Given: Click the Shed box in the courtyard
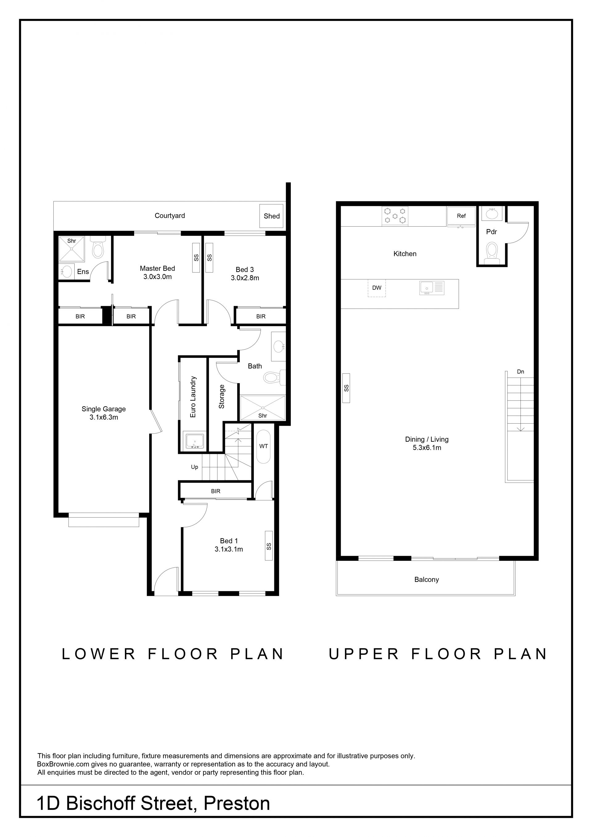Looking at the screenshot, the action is point(271,216).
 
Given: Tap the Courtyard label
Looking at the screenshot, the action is point(170,215).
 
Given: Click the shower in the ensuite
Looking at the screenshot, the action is point(72,249).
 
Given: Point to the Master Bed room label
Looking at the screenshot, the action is point(158,268).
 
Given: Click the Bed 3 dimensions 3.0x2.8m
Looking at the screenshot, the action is point(245,278).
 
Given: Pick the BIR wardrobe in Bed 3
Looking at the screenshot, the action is point(260,316).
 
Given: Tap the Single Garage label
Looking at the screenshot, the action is point(104,409).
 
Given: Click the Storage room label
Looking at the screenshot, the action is point(222,397).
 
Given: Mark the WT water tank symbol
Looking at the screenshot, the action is point(264,447).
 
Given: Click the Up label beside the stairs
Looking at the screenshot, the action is point(195,467).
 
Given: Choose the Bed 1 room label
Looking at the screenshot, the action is point(229,541).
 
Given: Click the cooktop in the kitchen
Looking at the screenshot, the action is point(395,216).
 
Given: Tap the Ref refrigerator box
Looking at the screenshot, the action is point(462,216).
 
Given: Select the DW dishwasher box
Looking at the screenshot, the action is point(376,288).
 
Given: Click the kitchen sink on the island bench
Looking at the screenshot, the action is point(432,288).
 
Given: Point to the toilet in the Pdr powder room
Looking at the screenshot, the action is point(492,252).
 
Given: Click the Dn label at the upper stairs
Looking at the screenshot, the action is point(520,371).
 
